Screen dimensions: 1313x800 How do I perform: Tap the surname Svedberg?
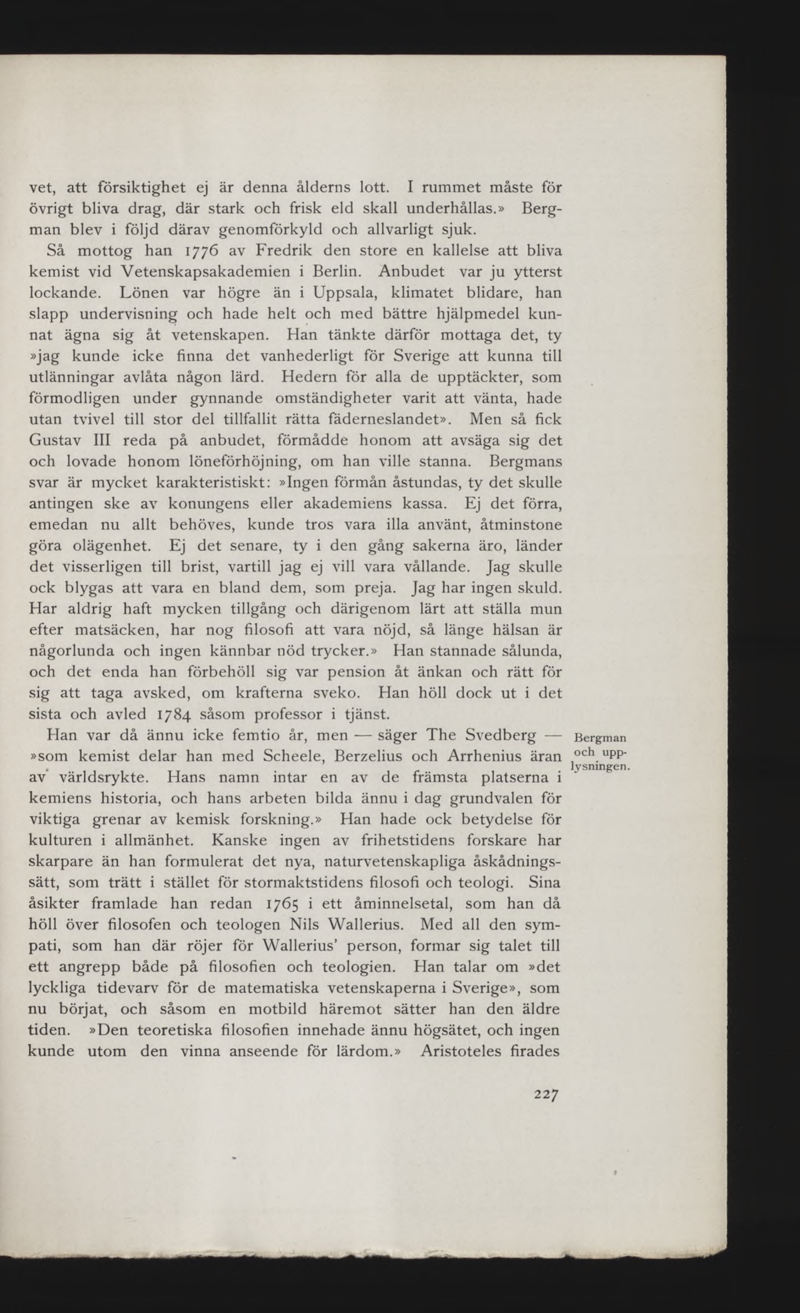pos(500,735)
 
